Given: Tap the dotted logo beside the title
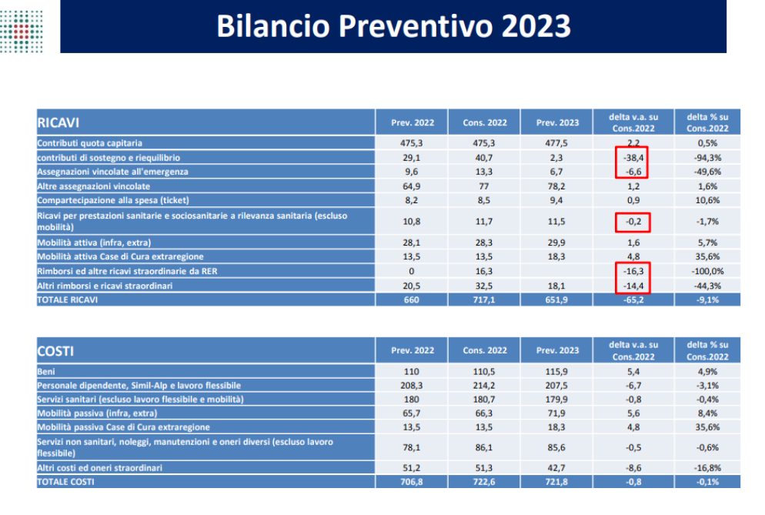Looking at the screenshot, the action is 22,31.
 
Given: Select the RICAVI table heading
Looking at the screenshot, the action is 58,122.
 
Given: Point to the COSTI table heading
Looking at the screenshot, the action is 55,351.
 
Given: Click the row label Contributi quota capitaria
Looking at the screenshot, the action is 90,143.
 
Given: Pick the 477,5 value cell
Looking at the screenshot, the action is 556,143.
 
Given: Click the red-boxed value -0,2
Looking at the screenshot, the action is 633,222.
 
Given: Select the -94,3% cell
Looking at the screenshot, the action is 707,158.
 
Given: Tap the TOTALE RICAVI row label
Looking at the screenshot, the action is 67,299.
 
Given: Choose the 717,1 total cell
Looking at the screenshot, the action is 484,299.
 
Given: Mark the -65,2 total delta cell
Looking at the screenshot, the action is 633,299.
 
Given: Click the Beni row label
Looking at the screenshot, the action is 46,372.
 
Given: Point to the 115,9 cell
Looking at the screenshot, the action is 556,372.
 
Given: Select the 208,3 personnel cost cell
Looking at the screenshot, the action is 411,385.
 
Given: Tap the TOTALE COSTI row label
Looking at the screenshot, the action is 66,482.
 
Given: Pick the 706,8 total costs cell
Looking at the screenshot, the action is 411,482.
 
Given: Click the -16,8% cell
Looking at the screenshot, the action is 707,467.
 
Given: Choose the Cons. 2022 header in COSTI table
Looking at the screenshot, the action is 484,350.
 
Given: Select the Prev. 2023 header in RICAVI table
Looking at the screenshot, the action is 557,122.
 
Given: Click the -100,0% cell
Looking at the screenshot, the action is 707,271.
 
